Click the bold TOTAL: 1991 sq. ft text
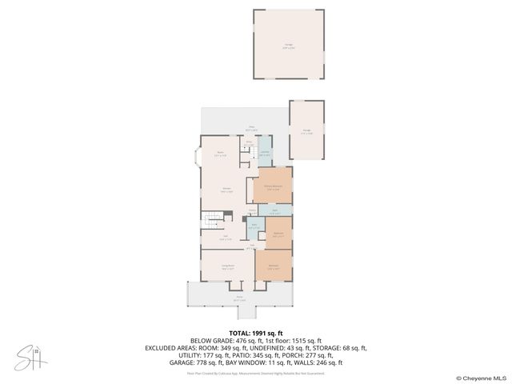tap(256, 333)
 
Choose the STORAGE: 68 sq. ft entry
tap(341, 347)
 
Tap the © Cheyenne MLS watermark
tap(481, 378)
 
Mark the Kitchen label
tap(227, 190)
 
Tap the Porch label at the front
tap(238, 299)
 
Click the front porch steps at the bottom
tap(240, 311)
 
